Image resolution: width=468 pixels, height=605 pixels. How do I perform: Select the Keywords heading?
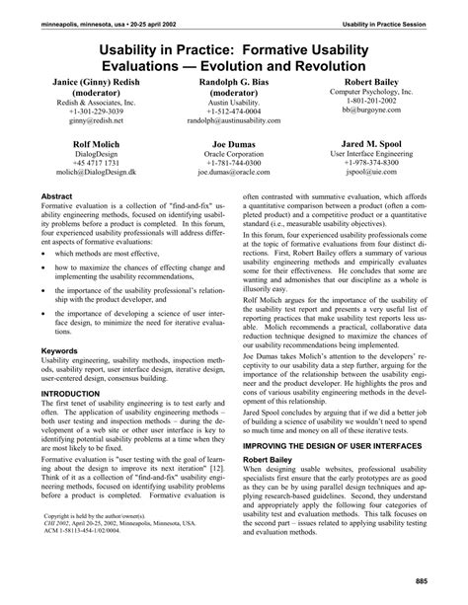tap(58, 349)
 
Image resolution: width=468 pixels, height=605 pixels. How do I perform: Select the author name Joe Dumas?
tap(232, 142)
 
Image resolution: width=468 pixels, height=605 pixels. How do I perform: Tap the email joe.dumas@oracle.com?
tap(233, 171)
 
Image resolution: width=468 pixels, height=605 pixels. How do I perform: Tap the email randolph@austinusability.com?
tap(233, 118)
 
